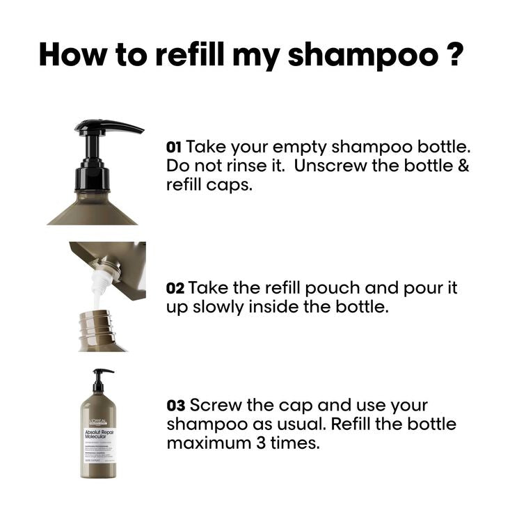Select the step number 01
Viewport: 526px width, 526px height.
[x=174, y=148]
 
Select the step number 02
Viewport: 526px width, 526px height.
[x=175, y=288]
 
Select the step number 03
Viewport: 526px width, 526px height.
[x=176, y=405]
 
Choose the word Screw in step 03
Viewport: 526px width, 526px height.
[x=214, y=405]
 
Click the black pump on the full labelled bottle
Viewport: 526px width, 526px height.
[x=102, y=378]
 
